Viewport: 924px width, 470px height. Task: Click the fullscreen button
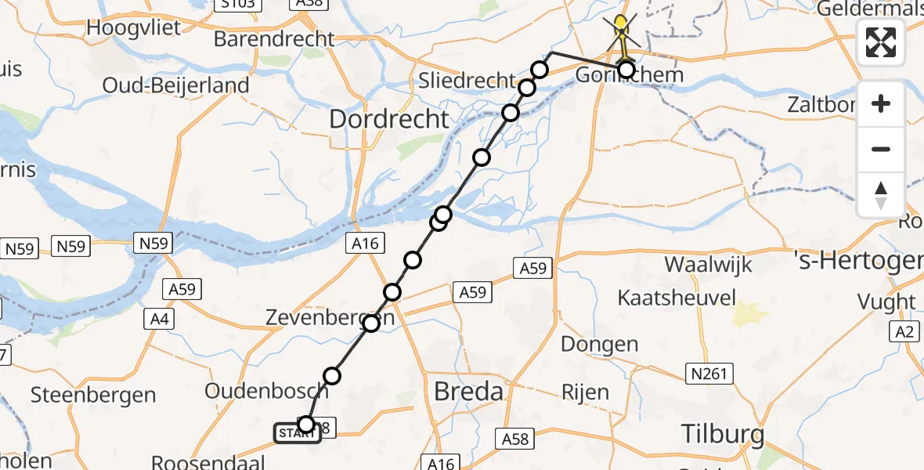click(881, 42)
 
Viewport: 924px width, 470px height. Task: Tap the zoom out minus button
click(881, 149)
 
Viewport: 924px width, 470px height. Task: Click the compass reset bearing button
click(881, 194)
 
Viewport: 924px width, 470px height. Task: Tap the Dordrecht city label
click(390, 120)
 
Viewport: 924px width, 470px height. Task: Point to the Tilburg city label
click(722, 433)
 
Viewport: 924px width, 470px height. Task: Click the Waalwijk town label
click(708, 264)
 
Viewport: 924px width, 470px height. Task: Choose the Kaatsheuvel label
click(677, 298)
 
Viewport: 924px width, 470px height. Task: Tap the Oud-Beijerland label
click(176, 85)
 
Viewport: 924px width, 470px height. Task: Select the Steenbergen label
click(95, 394)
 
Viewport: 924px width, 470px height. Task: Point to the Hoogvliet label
click(134, 27)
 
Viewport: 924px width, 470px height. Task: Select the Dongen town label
click(600, 344)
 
